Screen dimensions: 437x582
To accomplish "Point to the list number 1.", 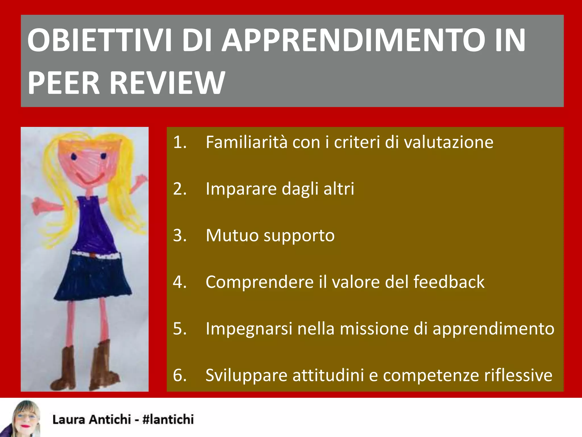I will tap(180, 142).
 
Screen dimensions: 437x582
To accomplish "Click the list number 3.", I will tap(180, 236).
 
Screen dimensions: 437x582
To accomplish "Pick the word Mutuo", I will tap(232, 236).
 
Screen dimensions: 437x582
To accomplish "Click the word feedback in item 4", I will tap(449, 282).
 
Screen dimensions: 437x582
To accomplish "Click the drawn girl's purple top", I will tap(92, 225).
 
